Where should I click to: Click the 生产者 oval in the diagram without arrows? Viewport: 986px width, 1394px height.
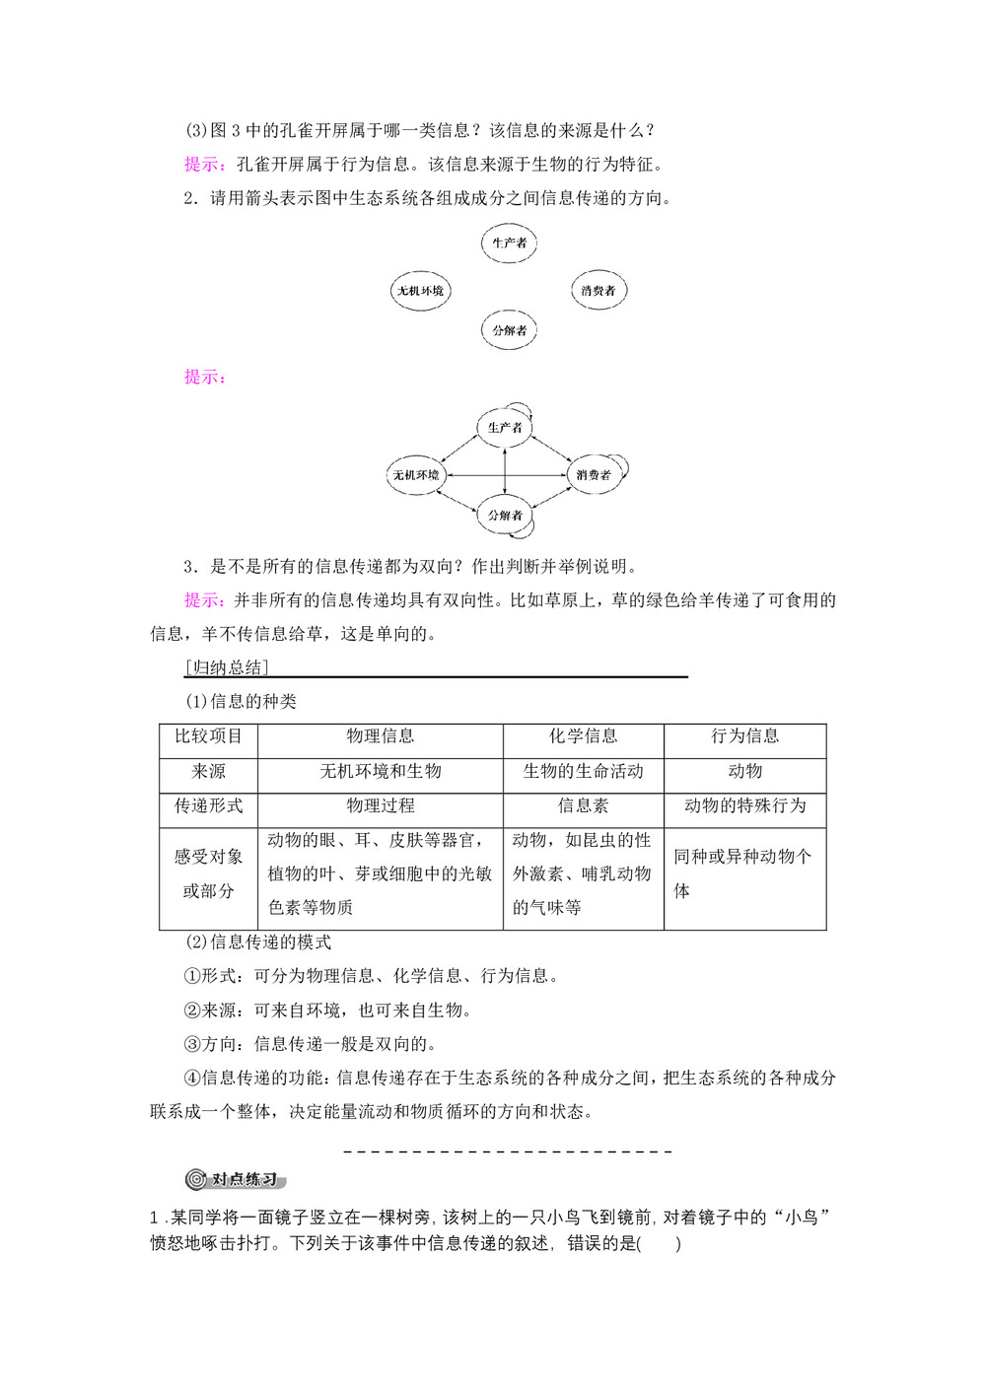(x=509, y=244)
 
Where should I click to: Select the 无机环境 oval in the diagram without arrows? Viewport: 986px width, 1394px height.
(x=420, y=291)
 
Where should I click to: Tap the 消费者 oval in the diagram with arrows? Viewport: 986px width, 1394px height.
(x=594, y=475)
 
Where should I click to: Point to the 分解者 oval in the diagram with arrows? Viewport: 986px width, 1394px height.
(x=505, y=515)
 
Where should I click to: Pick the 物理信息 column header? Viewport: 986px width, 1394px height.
(x=381, y=736)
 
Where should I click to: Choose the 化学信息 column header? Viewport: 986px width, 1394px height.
(x=583, y=736)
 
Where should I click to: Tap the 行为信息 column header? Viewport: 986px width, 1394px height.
(x=744, y=736)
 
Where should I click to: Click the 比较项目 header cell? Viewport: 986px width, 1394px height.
(x=208, y=736)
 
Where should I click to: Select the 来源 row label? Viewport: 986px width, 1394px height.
(x=208, y=771)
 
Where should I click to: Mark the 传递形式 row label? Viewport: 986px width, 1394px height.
(x=208, y=805)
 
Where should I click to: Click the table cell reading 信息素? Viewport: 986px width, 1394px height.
(x=583, y=805)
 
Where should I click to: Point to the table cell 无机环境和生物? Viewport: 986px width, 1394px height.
(x=381, y=771)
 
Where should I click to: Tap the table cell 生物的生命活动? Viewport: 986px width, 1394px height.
(x=583, y=771)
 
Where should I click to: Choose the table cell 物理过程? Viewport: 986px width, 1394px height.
(x=381, y=805)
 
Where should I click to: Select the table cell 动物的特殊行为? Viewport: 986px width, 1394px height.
(x=744, y=805)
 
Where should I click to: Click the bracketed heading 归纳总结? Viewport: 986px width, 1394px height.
(x=227, y=667)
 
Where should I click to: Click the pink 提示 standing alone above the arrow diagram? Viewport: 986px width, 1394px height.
(x=205, y=377)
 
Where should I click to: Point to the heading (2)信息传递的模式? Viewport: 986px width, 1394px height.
(x=258, y=942)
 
